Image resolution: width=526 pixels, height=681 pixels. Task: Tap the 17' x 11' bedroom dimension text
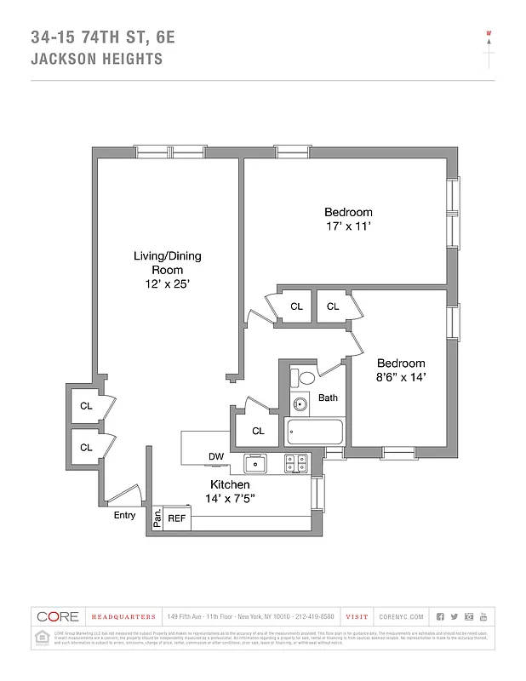pyautogui.click(x=347, y=227)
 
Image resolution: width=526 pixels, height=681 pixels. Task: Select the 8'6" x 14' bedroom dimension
pyautogui.click(x=400, y=376)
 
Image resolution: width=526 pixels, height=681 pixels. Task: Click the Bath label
pyautogui.click(x=328, y=398)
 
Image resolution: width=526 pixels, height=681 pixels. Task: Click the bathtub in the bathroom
pyautogui.click(x=314, y=432)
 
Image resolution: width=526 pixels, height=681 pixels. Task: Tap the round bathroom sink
pyautogui.click(x=299, y=404)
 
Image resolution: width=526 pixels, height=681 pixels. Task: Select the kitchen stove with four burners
pyautogui.click(x=295, y=464)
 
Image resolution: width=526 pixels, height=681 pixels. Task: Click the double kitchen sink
pyautogui.click(x=256, y=464)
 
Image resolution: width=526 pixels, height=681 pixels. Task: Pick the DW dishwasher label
pyautogui.click(x=216, y=457)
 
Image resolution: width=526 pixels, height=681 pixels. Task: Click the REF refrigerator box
pyautogui.click(x=177, y=518)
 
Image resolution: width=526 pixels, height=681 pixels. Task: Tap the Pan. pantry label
pyautogui.click(x=157, y=518)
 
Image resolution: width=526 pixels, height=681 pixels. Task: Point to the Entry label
pyautogui.click(x=124, y=515)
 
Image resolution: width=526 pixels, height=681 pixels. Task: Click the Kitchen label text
pyautogui.click(x=230, y=484)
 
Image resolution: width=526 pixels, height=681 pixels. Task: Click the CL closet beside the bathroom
pyautogui.click(x=258, y=431)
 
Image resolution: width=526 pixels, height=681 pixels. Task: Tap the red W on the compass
pyautogui.click(x=489, y=35)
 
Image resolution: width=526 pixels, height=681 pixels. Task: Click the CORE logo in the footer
pyautogui.click(x=57, y=616)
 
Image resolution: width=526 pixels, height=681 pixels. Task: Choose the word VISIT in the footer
pyautogui.click(x=357, y=616)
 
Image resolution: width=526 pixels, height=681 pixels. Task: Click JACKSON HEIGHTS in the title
pyautogui.click(x=96, y=60)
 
